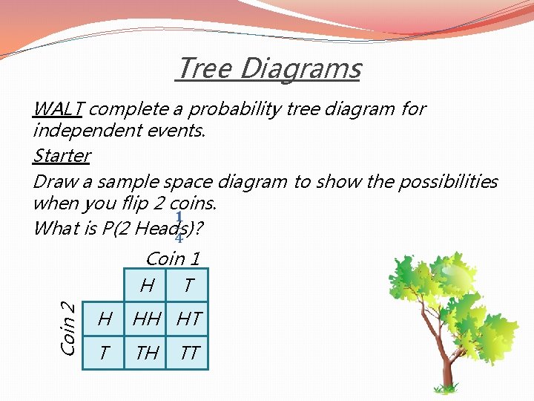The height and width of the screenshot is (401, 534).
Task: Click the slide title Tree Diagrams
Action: (268, 68)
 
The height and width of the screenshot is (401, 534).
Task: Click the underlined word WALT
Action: (58, 109)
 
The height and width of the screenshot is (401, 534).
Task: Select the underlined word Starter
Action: (62, 156)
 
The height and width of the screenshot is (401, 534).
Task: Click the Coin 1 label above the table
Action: (173, 259)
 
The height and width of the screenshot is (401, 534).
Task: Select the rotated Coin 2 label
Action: (67, 326)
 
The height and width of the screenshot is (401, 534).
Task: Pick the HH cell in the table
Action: (147, 319)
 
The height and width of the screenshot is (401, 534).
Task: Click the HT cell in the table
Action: (189, 319)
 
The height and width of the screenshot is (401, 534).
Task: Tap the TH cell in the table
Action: (147, 353)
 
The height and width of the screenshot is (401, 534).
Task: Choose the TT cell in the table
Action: (189, 353)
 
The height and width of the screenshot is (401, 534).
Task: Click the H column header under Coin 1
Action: (147, 284)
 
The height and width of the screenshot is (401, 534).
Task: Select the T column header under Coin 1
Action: (189, 284)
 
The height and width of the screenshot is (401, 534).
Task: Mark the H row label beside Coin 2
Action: (105, 319)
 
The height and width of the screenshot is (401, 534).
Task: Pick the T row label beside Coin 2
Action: (105, 353)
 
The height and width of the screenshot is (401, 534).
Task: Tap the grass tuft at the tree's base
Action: (446, 388)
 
